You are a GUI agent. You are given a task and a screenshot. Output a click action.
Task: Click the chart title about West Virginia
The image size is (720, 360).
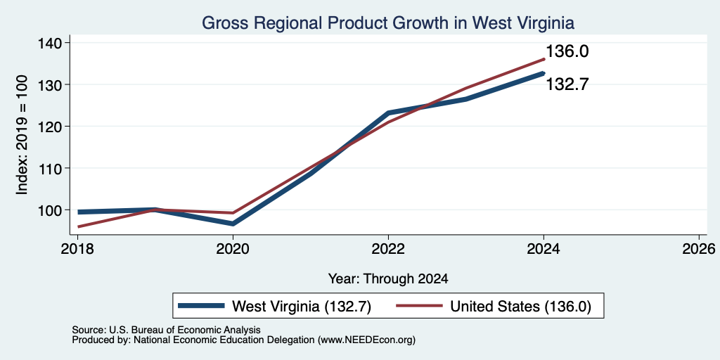(x=388, y=23)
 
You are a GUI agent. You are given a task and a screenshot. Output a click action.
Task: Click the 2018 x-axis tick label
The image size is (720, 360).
(x=77, y=249)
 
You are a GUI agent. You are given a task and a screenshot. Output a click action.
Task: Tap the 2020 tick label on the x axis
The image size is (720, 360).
(x=233, y=249)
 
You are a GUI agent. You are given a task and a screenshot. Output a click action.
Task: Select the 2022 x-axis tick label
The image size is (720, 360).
(x=388, y=249)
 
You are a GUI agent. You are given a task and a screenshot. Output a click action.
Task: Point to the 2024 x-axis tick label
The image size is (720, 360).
(x=544, y=249)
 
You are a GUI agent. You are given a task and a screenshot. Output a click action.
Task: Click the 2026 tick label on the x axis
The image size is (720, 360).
(x=699, y=249)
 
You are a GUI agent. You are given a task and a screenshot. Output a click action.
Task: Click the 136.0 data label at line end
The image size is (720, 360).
(x=567, y=51)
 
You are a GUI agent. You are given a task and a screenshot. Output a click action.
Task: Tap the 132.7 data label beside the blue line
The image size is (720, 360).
(x=567, y=84)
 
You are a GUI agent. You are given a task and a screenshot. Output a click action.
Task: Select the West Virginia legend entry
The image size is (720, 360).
(x=274, y=306)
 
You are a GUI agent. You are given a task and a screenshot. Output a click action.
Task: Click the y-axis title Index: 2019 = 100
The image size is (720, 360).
(x=22, y=134)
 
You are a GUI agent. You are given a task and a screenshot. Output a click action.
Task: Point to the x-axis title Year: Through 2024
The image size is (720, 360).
(x=388, y=278)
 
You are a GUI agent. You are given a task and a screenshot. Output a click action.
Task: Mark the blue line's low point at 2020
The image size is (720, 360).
(x=233, y=224)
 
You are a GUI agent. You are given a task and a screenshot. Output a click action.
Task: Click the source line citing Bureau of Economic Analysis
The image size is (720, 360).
(x=166, y=330)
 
